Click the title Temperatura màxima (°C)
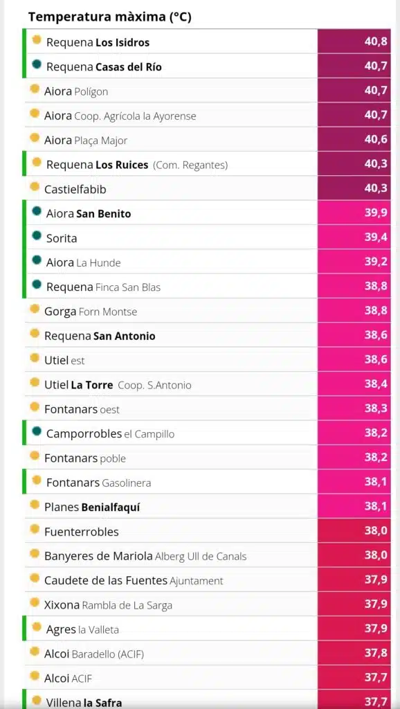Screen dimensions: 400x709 [110, 17]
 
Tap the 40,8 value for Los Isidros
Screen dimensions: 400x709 [376, 42]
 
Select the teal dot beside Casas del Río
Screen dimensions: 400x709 [37, 64]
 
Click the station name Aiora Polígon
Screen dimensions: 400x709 [76, 91]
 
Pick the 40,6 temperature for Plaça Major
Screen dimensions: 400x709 [376, 139]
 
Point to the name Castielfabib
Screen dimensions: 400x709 [75, 189]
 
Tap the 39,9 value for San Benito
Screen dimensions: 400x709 [376, 213]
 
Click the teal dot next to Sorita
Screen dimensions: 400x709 [37, 235]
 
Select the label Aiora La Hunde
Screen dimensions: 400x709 [83, 262]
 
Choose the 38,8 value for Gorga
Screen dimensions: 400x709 [376, 310]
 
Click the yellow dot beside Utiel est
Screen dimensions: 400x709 [35, 357]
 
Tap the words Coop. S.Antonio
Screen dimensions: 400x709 [154, 385]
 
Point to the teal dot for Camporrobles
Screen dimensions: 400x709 [37, 431]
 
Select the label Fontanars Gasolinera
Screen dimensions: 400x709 [98, 483]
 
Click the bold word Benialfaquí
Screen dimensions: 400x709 [111, 508]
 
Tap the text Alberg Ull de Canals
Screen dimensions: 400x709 [201, 556]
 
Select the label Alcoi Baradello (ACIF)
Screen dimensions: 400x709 [94, 654]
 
